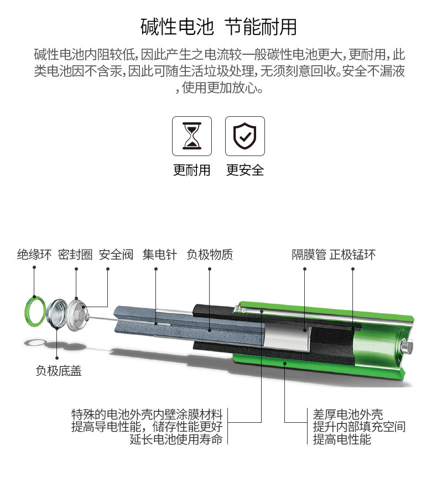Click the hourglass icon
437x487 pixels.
click(x=192, y=136)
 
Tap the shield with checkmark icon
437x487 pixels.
click(x=245, y=136)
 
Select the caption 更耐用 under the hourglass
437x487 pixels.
click(x=192, y=170)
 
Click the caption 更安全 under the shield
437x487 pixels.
click(x=245, y=170)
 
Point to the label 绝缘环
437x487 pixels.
click(x=34, y=255)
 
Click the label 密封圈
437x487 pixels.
click(x=75, y=255)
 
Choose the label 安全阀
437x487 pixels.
click(x=116, y=255)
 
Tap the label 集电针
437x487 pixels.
click(x=159, y=255)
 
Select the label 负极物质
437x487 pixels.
click(x=210, y=255)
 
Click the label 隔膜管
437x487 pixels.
click(x=309, y=255)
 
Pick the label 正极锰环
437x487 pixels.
click(x=352, y=255)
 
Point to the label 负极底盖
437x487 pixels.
click(x=59, y=371)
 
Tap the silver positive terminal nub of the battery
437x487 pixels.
click(x=407, y=346)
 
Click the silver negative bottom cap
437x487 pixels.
click(x=57, y=313)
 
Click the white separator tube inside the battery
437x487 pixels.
click(x=287, y=338)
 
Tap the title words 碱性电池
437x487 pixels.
click(x=177, y=27)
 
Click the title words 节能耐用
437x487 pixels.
click(x=261, y=27)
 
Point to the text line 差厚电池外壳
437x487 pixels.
click(x=347, y=415)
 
